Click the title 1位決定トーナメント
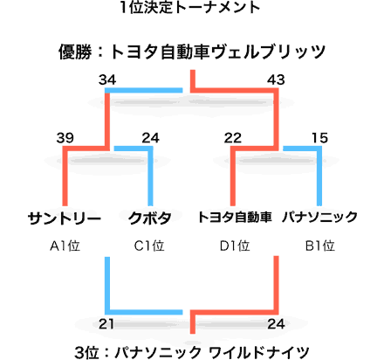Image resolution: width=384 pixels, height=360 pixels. click(190, 7)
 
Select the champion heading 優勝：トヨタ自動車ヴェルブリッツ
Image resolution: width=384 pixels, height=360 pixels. click(192, 52)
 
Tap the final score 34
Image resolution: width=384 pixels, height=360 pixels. click(107, 80)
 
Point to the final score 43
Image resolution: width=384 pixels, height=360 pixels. click(276, 80)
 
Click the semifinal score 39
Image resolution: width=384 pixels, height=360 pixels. click(65, 138)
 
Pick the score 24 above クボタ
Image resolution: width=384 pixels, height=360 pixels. click(150, 138)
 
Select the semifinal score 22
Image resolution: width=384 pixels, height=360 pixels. click(233, 138)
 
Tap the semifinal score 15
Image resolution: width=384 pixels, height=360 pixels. click(319, 138)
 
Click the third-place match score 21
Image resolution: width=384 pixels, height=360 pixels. click(106, 324)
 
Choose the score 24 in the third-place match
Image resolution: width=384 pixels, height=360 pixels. click(276, 324)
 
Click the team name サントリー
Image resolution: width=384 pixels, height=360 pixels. click(65, 218)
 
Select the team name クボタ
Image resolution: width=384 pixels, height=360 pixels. click(149, 218)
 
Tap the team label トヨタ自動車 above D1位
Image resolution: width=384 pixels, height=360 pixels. click(235, 218)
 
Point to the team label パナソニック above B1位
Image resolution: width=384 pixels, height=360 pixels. click(319, 218)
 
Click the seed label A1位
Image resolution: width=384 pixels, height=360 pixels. click(65, 246)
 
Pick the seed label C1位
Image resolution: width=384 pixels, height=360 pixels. click(149, 246)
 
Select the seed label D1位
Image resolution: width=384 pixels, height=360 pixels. click(235, 246)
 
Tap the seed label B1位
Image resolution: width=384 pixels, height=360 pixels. click(319, 246)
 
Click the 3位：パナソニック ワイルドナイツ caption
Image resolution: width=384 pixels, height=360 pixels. click(192, 352)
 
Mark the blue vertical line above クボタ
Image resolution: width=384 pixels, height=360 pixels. click(150, 177)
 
